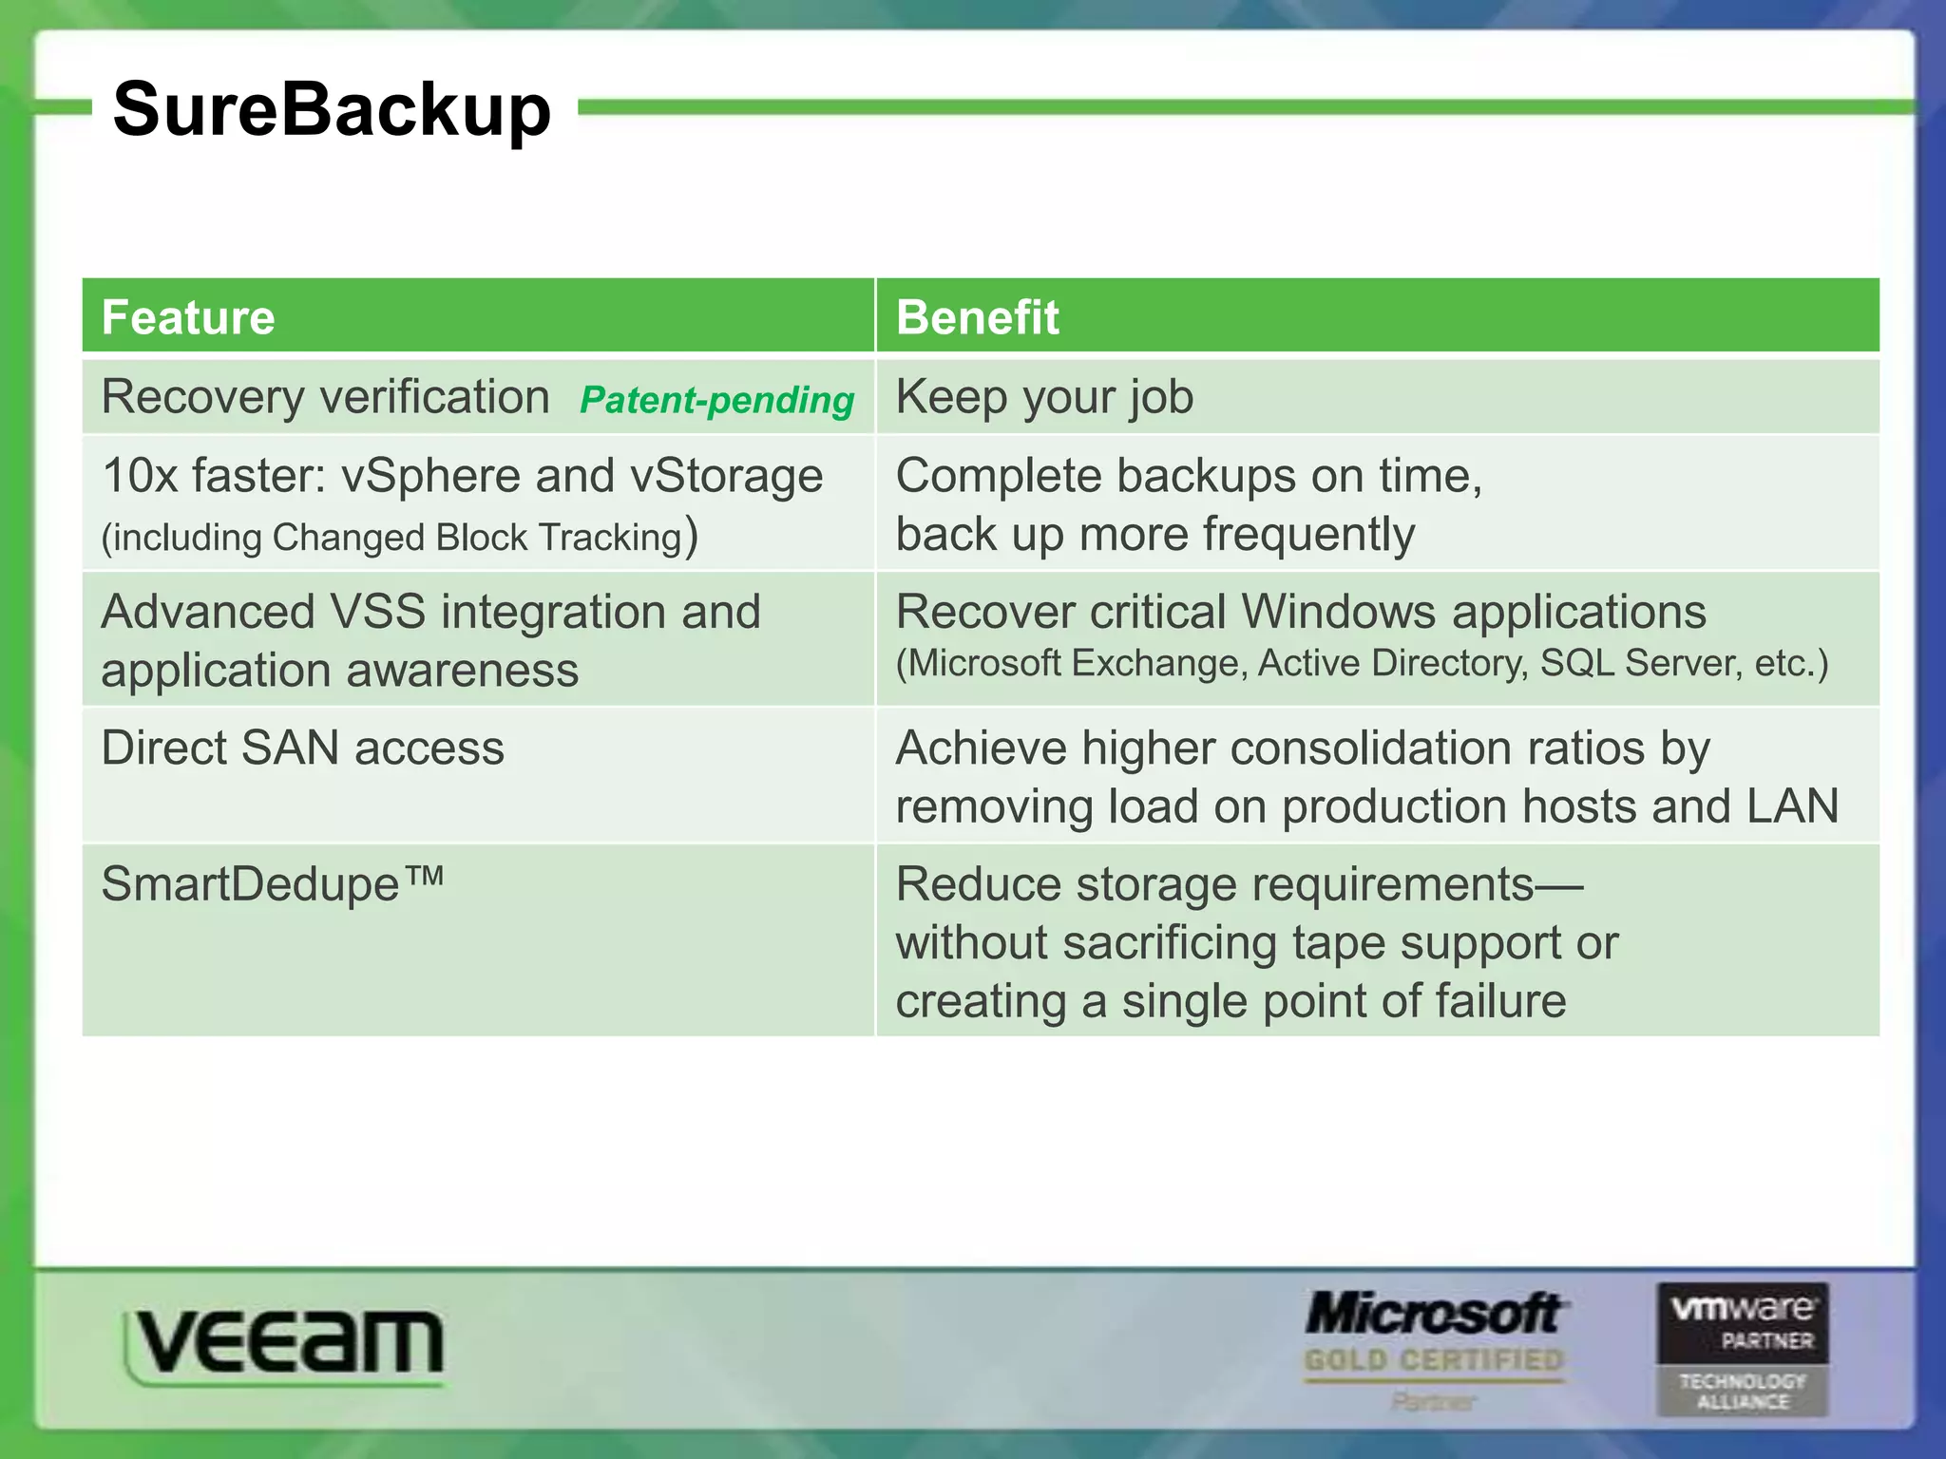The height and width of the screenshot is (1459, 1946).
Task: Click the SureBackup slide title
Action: click(x=332, y=110)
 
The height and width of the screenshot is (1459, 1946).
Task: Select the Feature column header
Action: click(x=188, y=317)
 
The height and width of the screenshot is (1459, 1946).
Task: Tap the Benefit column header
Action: click(x=977, y=317)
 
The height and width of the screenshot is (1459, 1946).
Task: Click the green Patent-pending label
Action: click(x=716, y=400)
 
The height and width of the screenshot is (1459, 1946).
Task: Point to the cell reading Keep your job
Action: click(x=1044, y=397)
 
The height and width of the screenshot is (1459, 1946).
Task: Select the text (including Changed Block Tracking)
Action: click(x=399, y=537)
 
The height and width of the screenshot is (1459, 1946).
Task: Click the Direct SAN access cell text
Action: click(x=302, y=748)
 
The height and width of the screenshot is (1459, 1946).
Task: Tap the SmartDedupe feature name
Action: click(x=272, y=884)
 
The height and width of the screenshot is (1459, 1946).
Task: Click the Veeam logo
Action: click(x=284, y=1343)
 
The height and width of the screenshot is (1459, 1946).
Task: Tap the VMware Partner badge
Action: click(x=1743, y=1349)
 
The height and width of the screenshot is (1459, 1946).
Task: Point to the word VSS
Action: click(x=377, y=612)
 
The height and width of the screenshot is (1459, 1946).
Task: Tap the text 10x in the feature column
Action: click(x=140, y=476)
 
